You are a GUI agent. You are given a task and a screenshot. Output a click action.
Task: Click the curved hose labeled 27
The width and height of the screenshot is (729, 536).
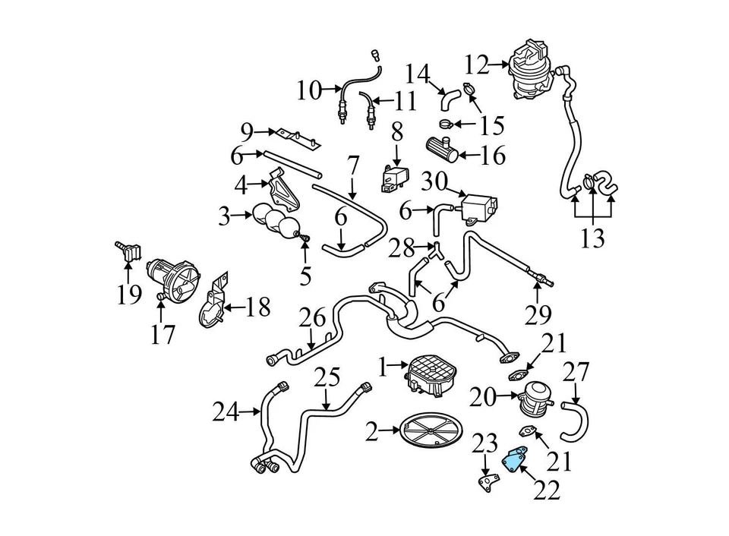[574, 422]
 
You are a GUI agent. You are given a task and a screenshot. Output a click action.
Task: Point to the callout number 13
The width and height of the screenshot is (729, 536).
[592, 238]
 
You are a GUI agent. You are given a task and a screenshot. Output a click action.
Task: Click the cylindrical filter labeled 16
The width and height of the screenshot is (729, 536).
[441, 147]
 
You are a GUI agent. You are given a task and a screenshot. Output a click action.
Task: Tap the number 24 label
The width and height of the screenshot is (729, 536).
[226, 413]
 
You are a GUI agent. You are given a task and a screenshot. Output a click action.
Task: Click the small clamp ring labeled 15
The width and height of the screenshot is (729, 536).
[447, 123]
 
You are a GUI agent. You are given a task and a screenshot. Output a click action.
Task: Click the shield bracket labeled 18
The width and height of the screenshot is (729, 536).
[212, 304]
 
